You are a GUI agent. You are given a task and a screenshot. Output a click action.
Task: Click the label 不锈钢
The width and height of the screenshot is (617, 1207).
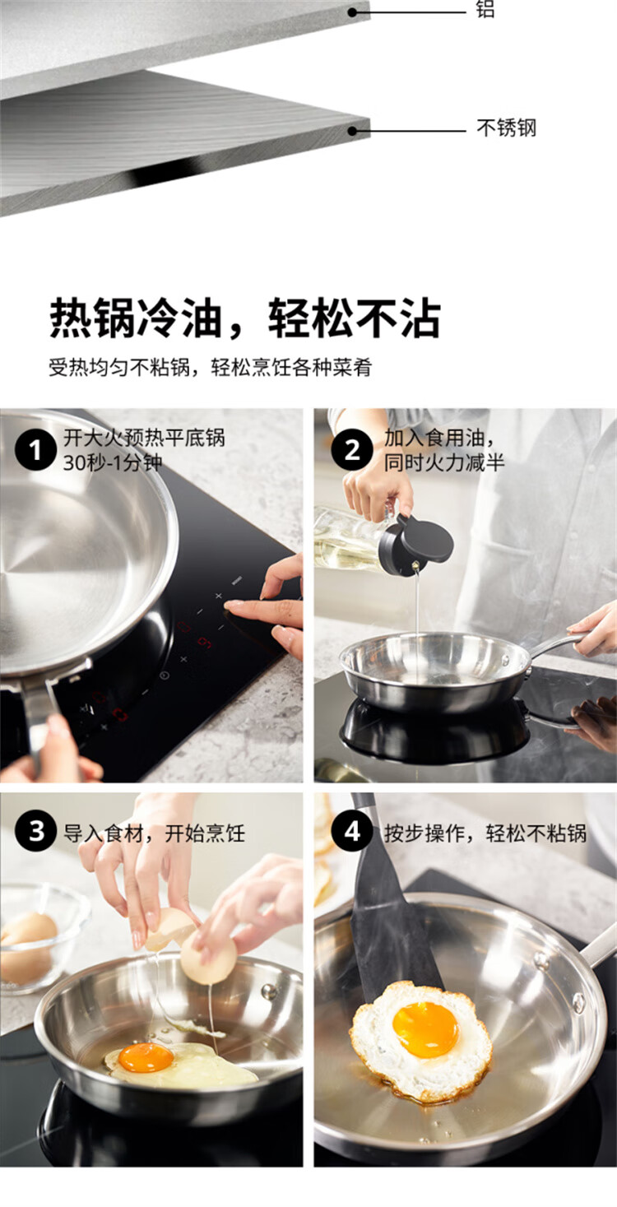coord(506,128)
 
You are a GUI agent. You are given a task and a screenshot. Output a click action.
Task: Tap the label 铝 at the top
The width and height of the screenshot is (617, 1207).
coord(485,8)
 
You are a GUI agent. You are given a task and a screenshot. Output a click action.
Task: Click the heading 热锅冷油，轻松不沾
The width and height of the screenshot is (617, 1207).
coord(245,318)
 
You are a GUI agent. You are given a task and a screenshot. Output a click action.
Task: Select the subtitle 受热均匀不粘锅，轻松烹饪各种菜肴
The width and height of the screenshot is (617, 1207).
coord(210,368)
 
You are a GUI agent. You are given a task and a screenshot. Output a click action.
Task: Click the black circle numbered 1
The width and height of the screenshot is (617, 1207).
coord(35,450)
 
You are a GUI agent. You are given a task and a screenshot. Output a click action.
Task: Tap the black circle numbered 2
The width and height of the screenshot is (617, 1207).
coord(352,450)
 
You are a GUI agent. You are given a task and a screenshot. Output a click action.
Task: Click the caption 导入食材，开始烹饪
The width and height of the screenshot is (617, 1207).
coord(154,833)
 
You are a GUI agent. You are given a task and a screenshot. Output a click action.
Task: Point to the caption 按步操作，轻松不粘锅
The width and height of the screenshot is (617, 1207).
coord(485,833)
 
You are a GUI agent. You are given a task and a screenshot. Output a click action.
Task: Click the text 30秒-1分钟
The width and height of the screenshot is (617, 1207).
coord(113,463)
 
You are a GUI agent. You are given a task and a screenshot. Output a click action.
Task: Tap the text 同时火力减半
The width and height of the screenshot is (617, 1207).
coord(444,463)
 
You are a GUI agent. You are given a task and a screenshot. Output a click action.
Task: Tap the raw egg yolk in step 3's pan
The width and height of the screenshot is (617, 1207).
coord(146,1057)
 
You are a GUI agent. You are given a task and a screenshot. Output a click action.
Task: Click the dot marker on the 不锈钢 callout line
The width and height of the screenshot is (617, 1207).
coord(352,131)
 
